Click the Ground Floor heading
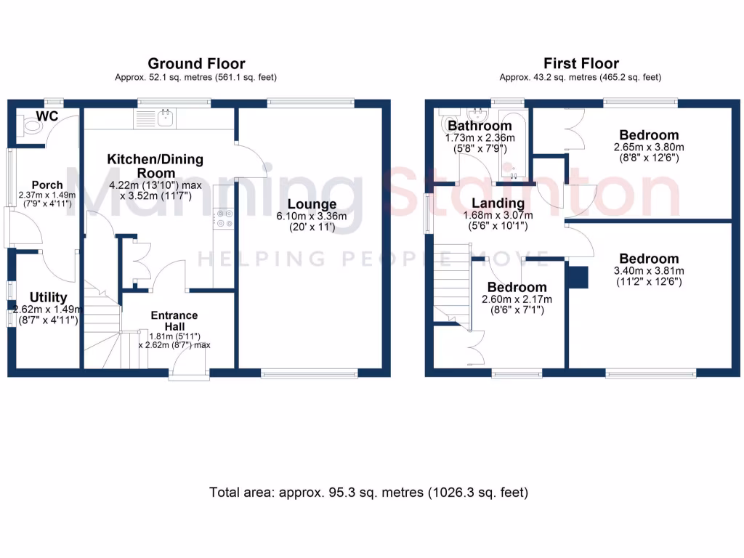coord(196,64)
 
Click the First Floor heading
coord(581,64)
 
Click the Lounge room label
coord(312,204)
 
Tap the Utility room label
coord(48,297)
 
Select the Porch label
coord(47,185)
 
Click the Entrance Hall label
coord(174,320)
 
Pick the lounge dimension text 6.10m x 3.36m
coord(312,217)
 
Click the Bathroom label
coord(480,126)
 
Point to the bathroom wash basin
coord(478,115)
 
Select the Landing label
coord(498,203)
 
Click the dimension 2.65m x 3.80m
coord(649,147)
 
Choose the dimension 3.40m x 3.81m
coord(649,271)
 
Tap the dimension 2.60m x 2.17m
coord(517,299)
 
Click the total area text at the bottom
coord(368,493)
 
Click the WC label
coord(47,116)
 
